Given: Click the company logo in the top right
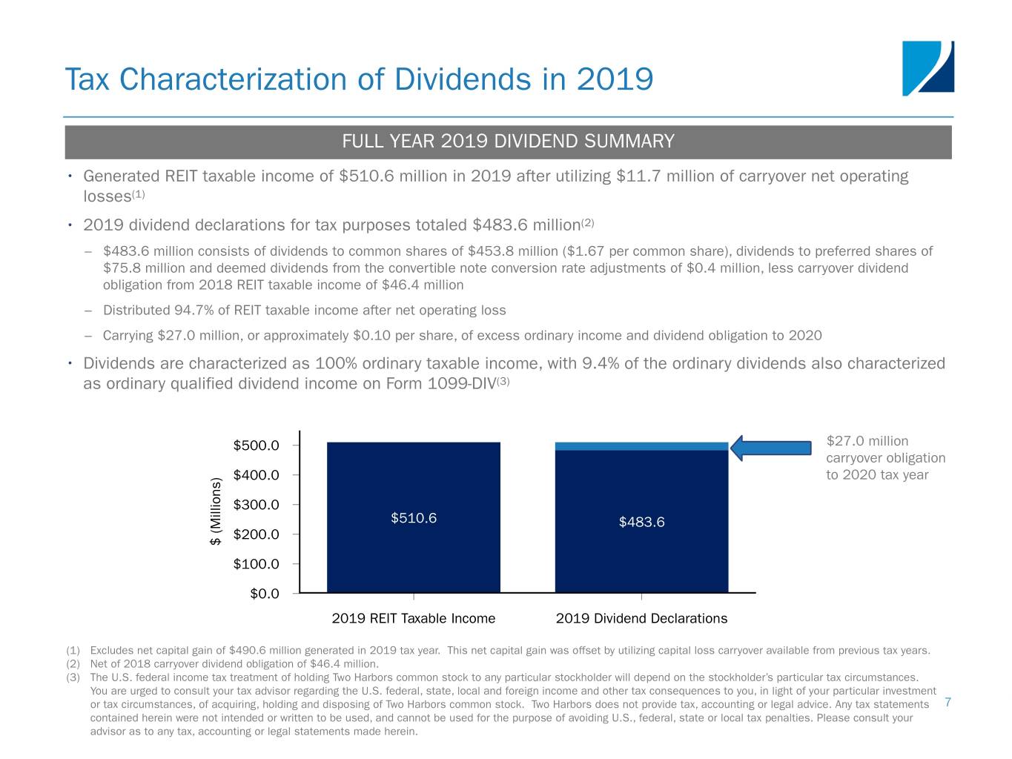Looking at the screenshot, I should tap(927, 68).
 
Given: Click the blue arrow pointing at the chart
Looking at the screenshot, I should tap(770, 447).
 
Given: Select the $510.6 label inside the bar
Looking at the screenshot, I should tap(414, 518).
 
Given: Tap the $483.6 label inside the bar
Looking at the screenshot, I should tap(641, 523).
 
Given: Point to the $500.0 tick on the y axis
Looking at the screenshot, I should tap(256, 445).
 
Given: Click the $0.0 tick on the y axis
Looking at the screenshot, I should tap(265, 594).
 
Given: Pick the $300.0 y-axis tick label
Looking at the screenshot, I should tap(256, 505).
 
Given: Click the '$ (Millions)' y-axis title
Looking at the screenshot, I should tap(215, 511).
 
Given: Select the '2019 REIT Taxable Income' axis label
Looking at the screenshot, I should tap(413, 618).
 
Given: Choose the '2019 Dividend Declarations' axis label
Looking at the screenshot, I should tap(641, 618).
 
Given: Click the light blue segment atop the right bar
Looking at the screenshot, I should tap(641, 446).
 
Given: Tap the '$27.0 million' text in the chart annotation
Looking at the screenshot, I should tap(867, 441).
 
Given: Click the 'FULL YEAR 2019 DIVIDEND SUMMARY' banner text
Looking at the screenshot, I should tap(508, 142).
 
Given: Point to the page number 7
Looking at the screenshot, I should tap(948, 702).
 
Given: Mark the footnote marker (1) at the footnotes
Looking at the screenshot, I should tap(73, 651).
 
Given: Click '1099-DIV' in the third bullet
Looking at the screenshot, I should tap(463, 384).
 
